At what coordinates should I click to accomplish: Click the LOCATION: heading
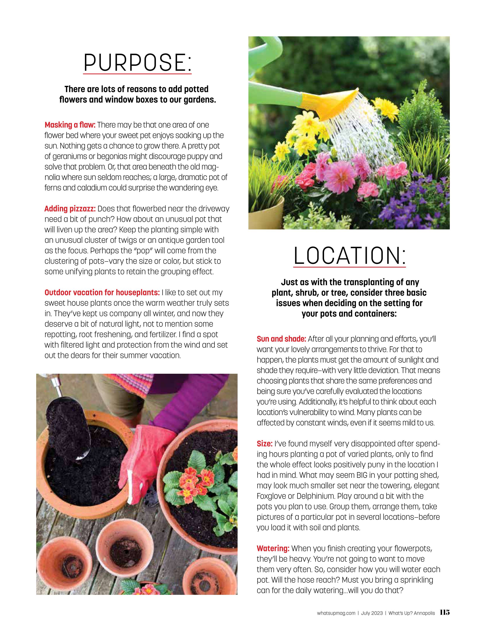click(x=349, y=256)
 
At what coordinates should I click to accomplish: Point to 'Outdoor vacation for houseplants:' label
click(x=102, y=292)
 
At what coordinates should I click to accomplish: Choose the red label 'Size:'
click(x=264, y=444)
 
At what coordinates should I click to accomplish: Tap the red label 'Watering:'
click(x=273, y=548)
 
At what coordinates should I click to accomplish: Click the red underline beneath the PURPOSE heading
click(x=137, y=74)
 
